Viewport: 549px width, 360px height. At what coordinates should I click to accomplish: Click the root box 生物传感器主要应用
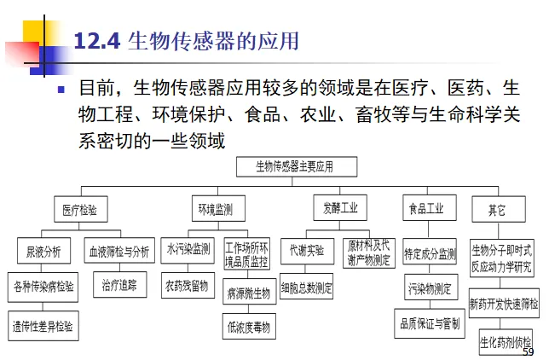tap(295, 166)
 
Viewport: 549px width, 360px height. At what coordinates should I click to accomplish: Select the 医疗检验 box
tap(79, 209)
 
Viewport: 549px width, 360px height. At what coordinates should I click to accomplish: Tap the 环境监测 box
tap(215, 208)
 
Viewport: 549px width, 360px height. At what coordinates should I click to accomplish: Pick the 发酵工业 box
tap(340, 207)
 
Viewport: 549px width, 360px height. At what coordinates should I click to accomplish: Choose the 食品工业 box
tap(426, 208)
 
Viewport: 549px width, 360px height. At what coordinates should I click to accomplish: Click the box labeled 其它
tap(496, 209)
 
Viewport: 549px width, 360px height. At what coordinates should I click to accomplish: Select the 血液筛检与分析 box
tap(118, 251)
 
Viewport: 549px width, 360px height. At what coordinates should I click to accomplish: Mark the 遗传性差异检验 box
tap(42, 326)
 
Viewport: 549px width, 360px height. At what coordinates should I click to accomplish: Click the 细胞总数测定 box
tap(306, 288)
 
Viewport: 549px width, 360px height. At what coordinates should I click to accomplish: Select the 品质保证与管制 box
tap(430, 323)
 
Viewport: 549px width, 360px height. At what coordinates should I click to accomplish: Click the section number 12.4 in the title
tap(98, 40)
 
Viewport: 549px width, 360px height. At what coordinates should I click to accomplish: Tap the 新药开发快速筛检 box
tap(504, 303)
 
